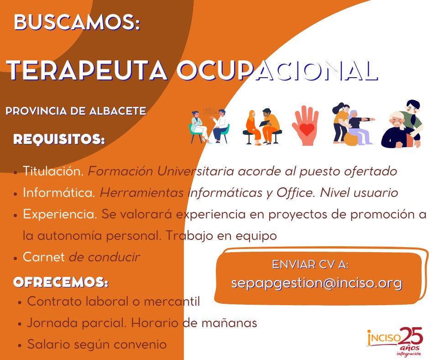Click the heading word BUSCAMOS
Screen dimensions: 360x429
point(76,22)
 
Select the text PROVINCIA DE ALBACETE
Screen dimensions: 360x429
point(76,111)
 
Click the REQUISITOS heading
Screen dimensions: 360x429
point(59,139)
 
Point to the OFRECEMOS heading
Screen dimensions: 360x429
point(61,282)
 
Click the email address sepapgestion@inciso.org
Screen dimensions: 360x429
point(316,283)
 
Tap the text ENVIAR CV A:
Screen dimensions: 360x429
point(310,265)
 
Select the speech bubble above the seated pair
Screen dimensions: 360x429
point(209,111)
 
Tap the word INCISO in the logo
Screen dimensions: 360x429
point(384,339)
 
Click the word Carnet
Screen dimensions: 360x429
point(44,257)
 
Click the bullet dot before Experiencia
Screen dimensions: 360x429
point(16,215)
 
